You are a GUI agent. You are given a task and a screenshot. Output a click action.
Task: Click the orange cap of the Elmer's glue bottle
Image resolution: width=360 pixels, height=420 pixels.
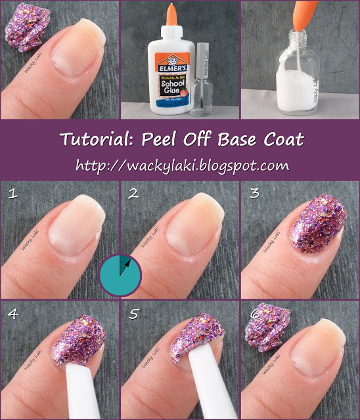(171, 16)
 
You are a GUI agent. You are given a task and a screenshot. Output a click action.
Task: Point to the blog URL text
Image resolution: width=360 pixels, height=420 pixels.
(182, 165)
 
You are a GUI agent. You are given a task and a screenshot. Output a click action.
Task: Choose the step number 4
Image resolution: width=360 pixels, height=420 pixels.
(11, 314)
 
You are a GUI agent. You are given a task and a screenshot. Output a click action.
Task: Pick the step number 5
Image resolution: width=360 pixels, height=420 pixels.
(133, 314)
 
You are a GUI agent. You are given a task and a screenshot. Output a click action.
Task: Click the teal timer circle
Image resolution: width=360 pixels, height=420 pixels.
(120, 275)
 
